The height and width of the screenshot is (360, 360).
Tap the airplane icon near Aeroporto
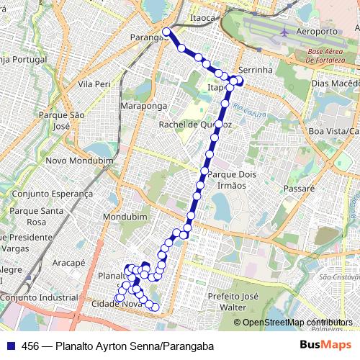pos(286,32)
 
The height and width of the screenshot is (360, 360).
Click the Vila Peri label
pos(94,84)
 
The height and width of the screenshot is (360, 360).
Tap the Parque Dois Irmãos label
pos(227,179)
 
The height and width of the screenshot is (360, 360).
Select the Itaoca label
pos(202,17)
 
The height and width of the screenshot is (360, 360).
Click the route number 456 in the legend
pos(31,346)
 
